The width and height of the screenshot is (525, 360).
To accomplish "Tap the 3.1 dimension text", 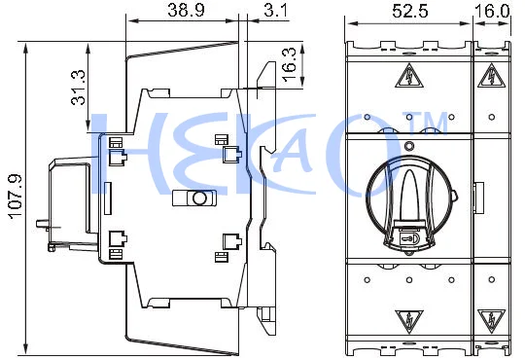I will tap(275, 11).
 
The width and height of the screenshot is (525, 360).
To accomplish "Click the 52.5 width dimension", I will tap(408, 11).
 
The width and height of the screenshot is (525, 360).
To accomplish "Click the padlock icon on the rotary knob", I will tap(408, 236).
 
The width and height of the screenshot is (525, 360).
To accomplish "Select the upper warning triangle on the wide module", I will tap(408, 78).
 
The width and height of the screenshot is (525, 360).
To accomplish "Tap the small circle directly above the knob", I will tap(408, 146).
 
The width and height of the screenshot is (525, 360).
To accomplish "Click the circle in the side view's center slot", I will tap(197, 198).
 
